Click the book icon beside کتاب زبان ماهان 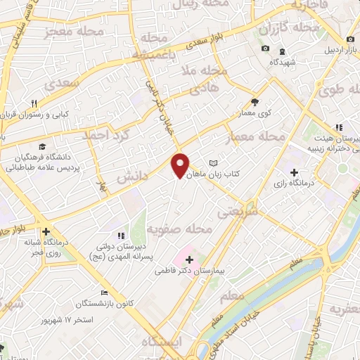[x=214, y=162]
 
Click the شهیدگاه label [x=281, y=62]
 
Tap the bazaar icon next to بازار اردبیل [x=349, y=40]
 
